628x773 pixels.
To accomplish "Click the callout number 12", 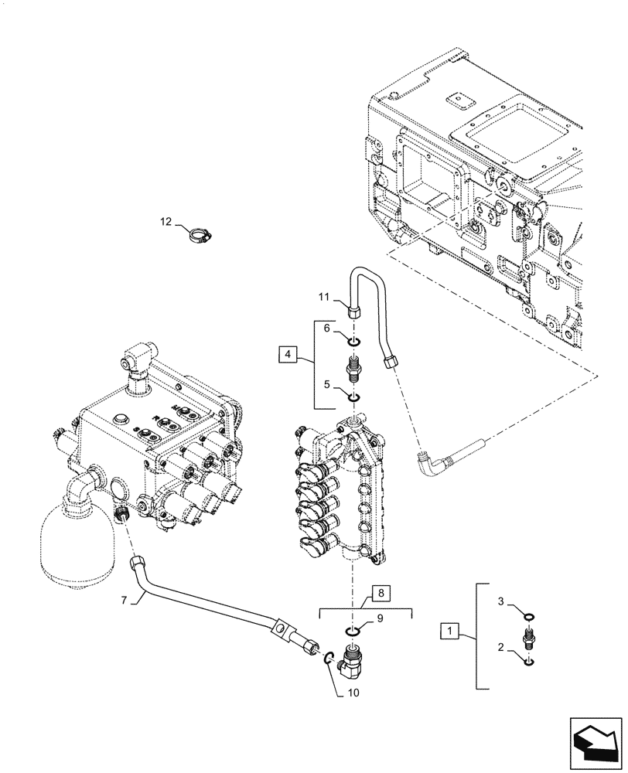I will [x=166, y=222].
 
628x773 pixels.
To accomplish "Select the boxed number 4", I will [x=288, y=355].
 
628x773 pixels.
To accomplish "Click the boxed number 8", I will [x=381, y=594].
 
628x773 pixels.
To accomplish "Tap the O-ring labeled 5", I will [x=353, y=397].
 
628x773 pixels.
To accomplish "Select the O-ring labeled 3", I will [x=527, y=616].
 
